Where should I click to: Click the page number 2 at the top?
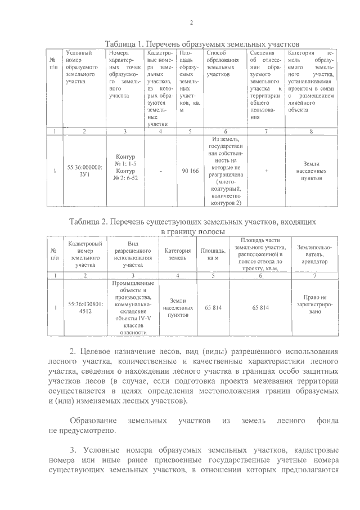tap(191, 23)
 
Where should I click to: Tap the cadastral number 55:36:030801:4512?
tap(84, 307)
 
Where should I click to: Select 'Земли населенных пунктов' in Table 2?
tap(177, 307)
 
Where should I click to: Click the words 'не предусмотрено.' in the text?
tap(84, 431)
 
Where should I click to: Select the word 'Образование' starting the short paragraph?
tap(93, 420)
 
